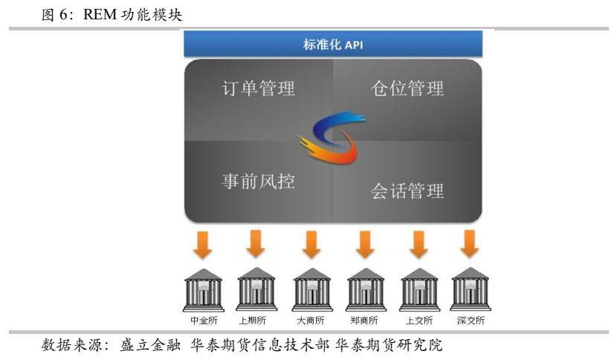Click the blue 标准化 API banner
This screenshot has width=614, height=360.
click(x=333, y=44)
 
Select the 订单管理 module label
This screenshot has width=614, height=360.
click(x=259, y=88)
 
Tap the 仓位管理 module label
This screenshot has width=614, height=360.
click(x=407, y=88)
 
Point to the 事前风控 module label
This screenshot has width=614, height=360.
click(x=259, y=181)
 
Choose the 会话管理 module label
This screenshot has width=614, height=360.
click(x=407, y=191)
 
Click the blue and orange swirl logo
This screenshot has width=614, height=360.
click(x=332, y=137)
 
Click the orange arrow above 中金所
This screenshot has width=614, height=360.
click(x=203, y=245)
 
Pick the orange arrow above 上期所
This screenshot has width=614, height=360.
click(x=256, y=244)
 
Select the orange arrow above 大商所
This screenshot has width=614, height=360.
click(x=311, y=245)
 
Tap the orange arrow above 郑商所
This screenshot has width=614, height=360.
click(x=365, y=245)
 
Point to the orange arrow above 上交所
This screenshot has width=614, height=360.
click(x=419, y=245)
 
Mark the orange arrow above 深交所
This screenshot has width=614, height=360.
click(x=469, y=244)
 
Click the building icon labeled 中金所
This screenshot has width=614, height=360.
click(x=204, y=290)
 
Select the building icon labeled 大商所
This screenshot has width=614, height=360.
click(x=312, y=290)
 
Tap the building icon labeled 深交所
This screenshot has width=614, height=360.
click(x=471, y=289)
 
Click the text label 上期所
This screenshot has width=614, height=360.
click(x=253, y=321)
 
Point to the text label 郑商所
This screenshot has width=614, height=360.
click(x=364, y=321)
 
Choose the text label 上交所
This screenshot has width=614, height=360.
click(x=419, y=321)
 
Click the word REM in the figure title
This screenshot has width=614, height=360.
click(x=100, y=14)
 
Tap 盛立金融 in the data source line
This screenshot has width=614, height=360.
click(x=150, y=345)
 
